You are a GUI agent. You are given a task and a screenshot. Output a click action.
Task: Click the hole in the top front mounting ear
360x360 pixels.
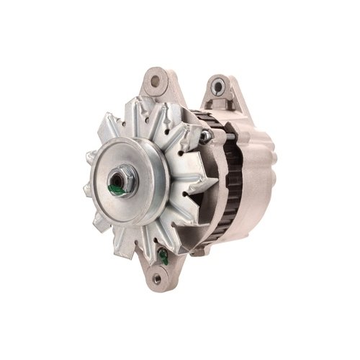[153, 81]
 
